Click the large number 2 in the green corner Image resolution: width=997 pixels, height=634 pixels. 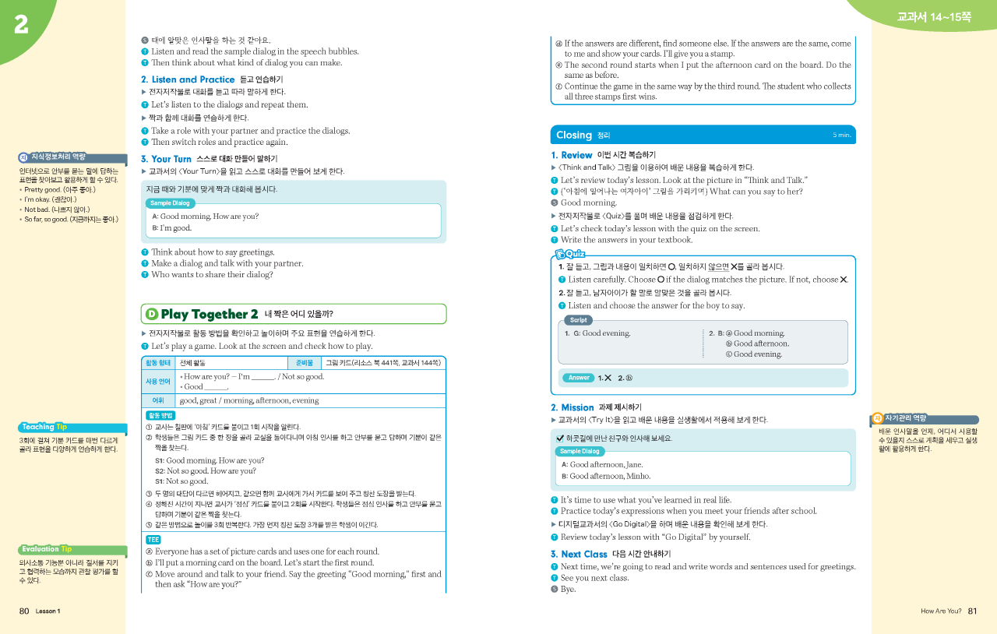21,25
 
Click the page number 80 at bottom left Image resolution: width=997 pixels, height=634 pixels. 24,611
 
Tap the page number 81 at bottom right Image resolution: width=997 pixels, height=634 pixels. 972,611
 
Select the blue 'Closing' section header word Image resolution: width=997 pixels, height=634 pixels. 574,135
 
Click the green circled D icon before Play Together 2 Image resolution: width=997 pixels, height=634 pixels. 152,314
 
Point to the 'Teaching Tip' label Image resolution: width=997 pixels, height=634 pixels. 44,427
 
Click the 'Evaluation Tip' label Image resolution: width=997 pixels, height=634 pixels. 48,549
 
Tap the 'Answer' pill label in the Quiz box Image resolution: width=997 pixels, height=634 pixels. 579,378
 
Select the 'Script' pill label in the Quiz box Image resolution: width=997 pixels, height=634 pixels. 578,320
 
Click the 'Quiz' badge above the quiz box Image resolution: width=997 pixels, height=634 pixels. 572,254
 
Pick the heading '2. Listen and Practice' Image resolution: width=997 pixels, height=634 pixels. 188,79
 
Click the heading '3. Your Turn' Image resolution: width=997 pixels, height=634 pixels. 166,159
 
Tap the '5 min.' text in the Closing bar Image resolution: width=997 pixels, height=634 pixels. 841,135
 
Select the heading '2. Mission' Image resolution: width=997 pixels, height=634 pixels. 572,407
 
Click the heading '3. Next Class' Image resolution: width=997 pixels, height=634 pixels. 579,554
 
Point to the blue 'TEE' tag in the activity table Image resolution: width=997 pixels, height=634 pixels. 153,539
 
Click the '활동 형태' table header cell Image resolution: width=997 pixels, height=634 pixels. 159,362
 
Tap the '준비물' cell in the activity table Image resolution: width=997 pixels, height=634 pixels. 305,362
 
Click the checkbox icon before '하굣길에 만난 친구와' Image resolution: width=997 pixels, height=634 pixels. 560,438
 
